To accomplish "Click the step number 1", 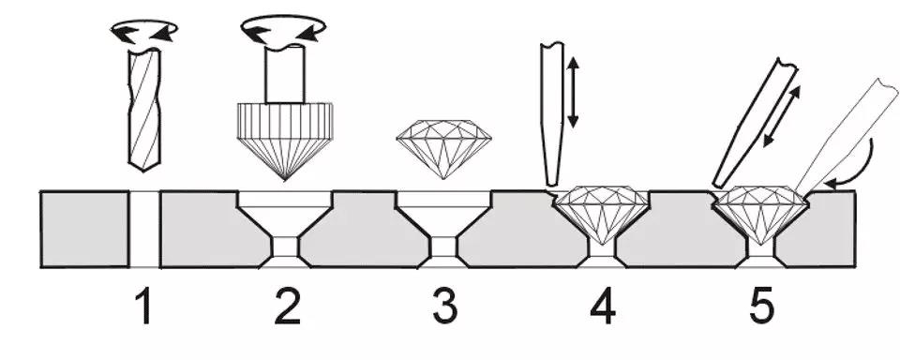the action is tap(144, 306).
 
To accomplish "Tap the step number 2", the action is tap(288, 306).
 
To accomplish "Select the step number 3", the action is tap(445, 306).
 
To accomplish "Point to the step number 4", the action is tap(603, 306).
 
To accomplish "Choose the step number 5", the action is tap(760, 306).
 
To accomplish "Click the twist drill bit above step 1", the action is tap(144, 110).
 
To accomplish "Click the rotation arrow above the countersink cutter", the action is tap(283, 29).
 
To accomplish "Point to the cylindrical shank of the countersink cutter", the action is tap(285, 73).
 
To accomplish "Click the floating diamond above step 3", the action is tap(443, 149).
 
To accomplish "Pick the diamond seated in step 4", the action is tap(603, 214).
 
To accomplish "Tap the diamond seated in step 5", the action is tap(760, 214).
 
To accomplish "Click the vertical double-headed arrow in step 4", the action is tap(573, 92).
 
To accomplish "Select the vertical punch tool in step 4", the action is tap(552, 113).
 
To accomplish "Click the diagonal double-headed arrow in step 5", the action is tap(781, 116).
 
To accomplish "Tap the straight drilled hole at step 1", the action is tap(144, 229).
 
